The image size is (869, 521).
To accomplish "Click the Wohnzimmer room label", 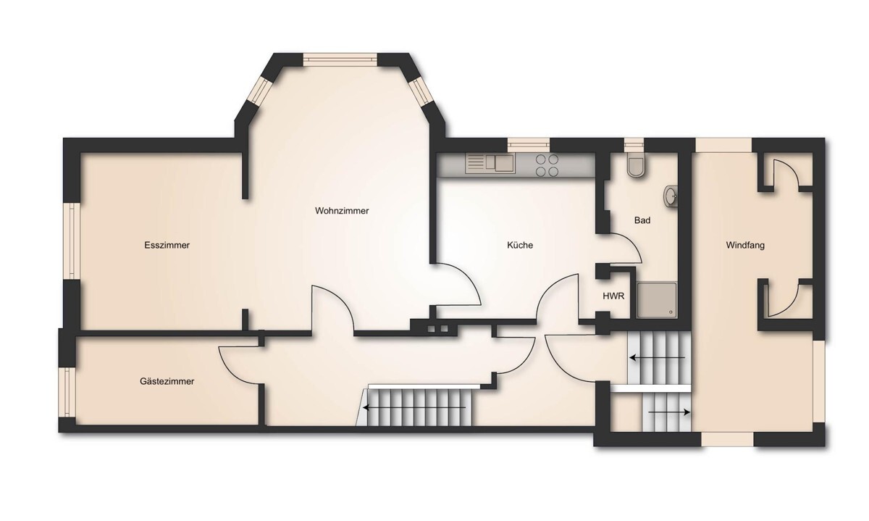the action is click(342, 211).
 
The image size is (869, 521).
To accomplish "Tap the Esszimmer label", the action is click(167, 246).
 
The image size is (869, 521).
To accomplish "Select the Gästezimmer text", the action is click(167, 381).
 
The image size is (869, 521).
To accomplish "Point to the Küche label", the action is click(520, 246).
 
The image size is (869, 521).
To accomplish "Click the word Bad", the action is click(642, 220).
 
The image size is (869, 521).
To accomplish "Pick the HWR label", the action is click(613, 296).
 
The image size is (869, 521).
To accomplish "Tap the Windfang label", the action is click(745, 246).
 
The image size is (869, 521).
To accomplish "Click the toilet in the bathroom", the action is click(635, 166).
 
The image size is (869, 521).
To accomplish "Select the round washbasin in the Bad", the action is click(671, 196).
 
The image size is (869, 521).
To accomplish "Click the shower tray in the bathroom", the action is click(656, 300).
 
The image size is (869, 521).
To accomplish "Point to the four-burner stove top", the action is click(547, 165).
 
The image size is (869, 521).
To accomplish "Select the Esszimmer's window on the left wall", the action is click(72, 241).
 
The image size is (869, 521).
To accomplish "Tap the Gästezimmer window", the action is click(67, 392).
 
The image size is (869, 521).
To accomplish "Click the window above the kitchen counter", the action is click(529, 145).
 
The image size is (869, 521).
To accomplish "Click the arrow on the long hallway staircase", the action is click(414, 408).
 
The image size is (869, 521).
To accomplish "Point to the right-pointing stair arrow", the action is click(669, 412).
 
